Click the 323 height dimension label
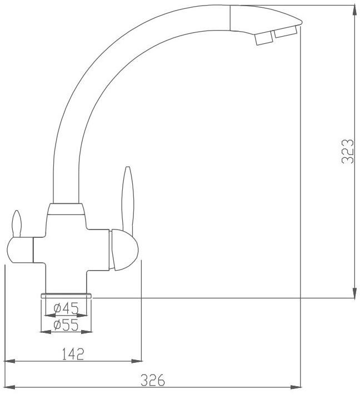coord(347,151)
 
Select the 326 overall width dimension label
coord(153,380)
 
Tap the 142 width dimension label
coord(73,354)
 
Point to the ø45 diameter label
coord(66,308)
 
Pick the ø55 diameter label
coord(66,325)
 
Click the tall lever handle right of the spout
coord(128,199)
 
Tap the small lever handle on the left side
coord(17,223)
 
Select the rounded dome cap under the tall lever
coord(124,250)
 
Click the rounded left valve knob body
coord(20,250)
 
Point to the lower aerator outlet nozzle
coord(264,39)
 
